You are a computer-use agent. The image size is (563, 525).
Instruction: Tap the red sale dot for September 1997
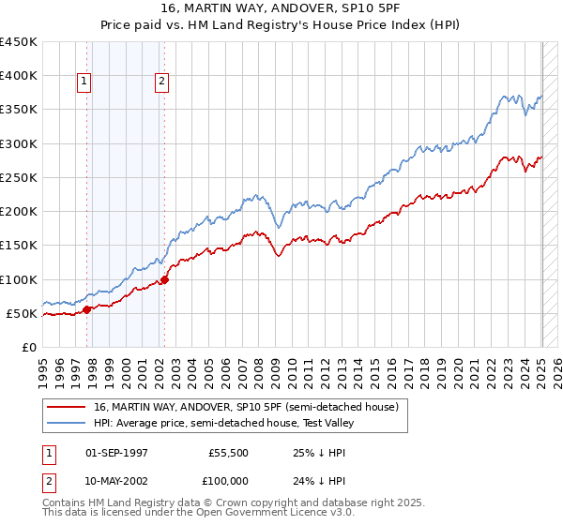point(87,309)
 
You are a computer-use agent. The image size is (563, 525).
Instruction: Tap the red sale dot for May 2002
point(164,278)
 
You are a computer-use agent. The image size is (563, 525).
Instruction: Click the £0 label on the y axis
point(28,347)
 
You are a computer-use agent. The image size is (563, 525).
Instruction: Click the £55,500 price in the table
point(228,452)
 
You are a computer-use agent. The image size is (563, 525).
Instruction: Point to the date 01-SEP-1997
point(116,452)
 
